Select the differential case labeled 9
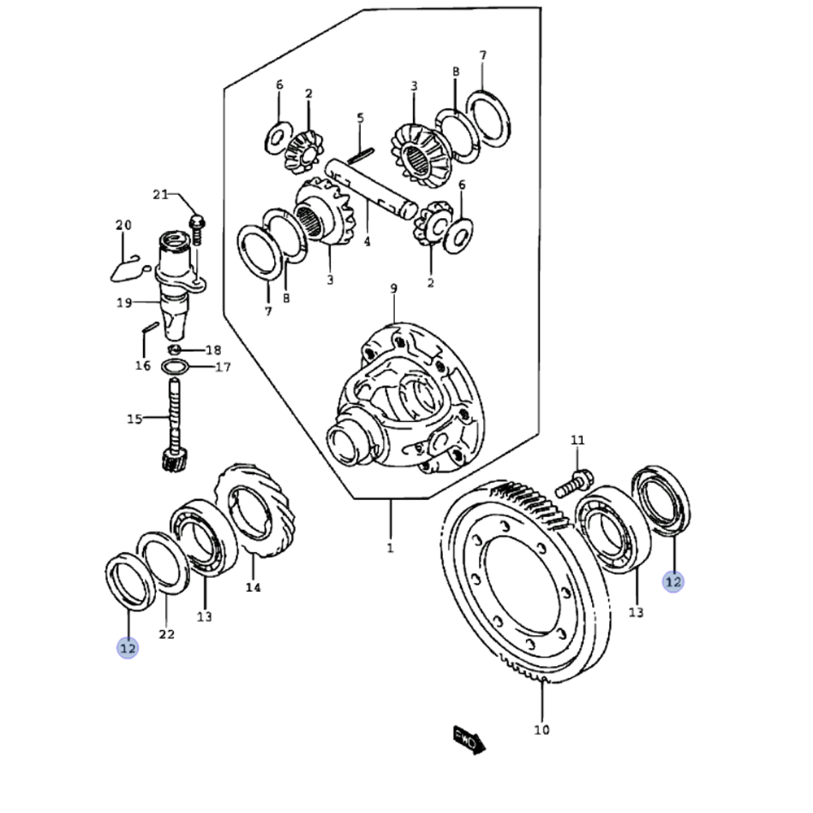tap(406, 398)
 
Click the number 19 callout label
tap(124, 304)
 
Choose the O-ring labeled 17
tap(176, 367)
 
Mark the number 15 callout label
tap(135, 419)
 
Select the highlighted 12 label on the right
tap(673, 581)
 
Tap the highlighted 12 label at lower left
tap(128, 647)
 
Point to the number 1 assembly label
tap(389, 548)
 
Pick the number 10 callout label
tap(541, 729)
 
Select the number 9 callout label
tap(393, 288)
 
